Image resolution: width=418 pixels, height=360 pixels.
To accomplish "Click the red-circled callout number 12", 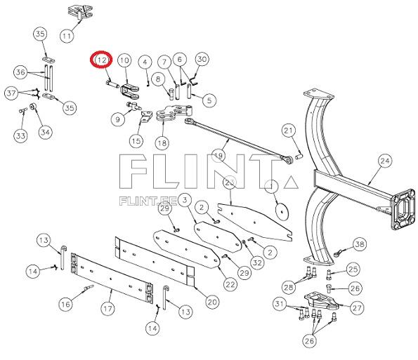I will pos(102,60).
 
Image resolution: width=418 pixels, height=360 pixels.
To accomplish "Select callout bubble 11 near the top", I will pos(67,35).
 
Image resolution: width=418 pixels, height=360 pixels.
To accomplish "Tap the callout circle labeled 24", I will pos(384,161).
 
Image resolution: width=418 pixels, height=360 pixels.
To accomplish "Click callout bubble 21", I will pos(289,131).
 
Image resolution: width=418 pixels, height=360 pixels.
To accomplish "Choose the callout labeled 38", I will pos(360,244).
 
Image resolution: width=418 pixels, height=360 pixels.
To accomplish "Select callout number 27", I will pos(356,307).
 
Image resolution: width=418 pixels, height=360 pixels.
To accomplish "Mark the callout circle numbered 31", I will pos(280,303).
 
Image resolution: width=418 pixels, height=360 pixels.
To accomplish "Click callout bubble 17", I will pos(108,308).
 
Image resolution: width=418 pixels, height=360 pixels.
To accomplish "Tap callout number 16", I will pos(65,304).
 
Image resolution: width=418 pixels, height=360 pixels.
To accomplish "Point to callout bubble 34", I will pos(45,131).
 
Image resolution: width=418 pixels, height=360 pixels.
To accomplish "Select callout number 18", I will pos(162,142).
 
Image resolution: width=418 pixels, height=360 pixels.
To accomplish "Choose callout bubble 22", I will pos(230,284).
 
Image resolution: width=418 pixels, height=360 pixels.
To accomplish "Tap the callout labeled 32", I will pos(257,262).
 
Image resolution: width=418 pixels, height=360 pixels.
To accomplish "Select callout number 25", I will pos(353,268).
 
